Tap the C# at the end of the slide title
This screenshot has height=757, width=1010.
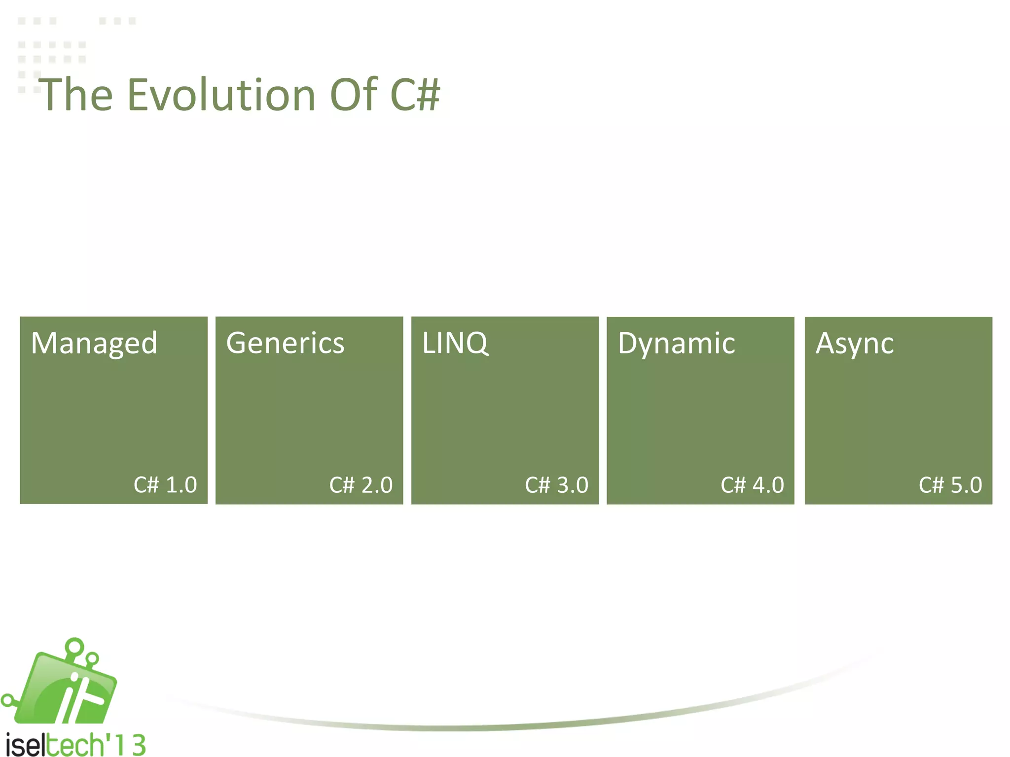click(414, 95)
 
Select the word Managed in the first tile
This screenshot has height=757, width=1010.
click(94, 344)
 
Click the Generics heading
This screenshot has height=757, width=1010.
click(285, 343)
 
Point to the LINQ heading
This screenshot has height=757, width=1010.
click(455, 343)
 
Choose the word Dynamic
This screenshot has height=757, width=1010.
click(676, 343)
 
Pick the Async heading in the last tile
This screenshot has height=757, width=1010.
click(854, 344)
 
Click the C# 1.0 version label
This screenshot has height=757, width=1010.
click(165, 485)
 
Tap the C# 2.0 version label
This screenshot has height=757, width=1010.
click(361, 485)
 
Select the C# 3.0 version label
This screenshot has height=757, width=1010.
click(556, 485)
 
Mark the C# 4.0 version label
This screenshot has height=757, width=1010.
click(752, 485)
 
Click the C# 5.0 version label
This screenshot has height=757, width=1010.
click(950, 485)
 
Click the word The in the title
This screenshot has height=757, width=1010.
click(76, 95)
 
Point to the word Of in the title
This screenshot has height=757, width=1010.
click(353, 95)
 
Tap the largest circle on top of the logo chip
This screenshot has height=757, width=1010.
click(75, 646)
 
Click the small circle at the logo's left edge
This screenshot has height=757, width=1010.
click(7, 700)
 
